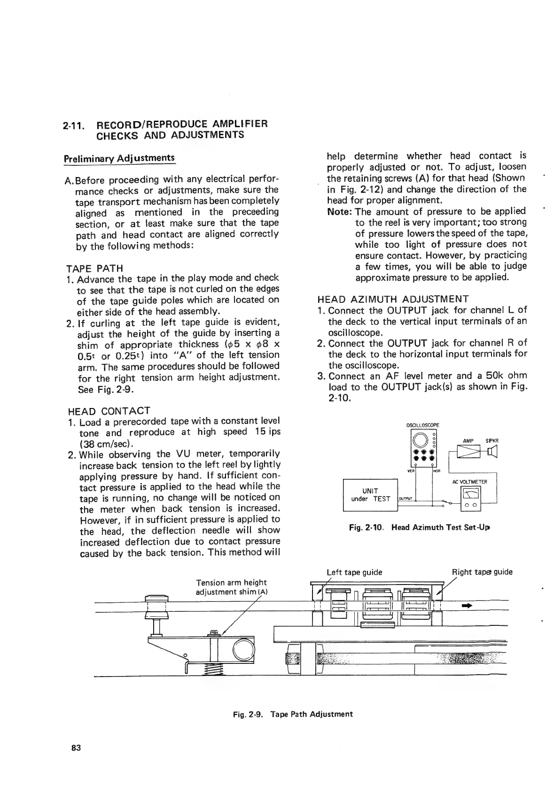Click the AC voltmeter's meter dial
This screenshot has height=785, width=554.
[x=470, y=493]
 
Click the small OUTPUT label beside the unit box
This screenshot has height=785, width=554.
[x=405, y=499]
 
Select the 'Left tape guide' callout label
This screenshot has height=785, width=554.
[x=354, y=572]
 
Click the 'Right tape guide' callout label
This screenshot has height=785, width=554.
[x=482, y=572]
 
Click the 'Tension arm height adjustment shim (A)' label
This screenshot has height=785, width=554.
[x=231, y=587]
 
